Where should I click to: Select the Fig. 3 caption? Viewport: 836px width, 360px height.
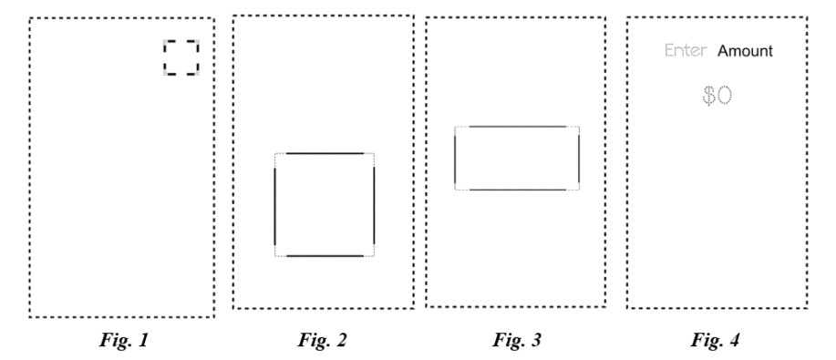516,343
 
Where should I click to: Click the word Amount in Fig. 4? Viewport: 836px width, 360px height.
745,52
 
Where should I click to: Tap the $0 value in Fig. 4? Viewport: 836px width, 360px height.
718,96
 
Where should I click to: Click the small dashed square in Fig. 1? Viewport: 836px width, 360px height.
181,57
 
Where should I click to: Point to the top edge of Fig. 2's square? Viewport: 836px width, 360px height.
325,153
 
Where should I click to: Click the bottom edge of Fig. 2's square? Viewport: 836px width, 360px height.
325,256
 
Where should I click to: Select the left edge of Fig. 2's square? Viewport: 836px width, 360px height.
275,205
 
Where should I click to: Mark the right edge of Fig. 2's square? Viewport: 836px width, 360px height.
374,205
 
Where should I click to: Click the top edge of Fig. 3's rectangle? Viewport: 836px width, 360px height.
517,127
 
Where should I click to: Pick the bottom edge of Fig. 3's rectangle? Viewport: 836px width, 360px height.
517,190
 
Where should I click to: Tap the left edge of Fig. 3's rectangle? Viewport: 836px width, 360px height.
455,159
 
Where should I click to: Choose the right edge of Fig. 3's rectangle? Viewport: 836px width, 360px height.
579,159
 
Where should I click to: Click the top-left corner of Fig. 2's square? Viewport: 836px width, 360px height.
276,154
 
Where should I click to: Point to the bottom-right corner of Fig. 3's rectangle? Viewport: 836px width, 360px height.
578,189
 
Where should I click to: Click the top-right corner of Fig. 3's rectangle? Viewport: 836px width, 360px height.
578,128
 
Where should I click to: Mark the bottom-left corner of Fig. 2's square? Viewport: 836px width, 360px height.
276,255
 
